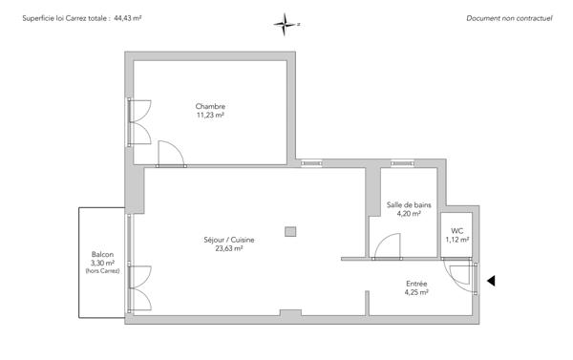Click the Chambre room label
(x=210, y=105)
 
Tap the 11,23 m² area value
(x=210, y=115)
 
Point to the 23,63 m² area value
(x=229, y=248)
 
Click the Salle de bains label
(x=409, y=204)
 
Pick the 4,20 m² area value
(x=409, y=214)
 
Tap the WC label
(x=457, y=230)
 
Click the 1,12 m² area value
(x=457, y=240)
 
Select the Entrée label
(x=416, y=284)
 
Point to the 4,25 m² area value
(x=416, y=292)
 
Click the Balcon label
(x=102, y=254)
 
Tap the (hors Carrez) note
(x=102, y=271)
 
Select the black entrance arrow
(x=492, y=281)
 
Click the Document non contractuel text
(x=509, y=18)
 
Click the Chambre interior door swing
(x=170, y=153)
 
